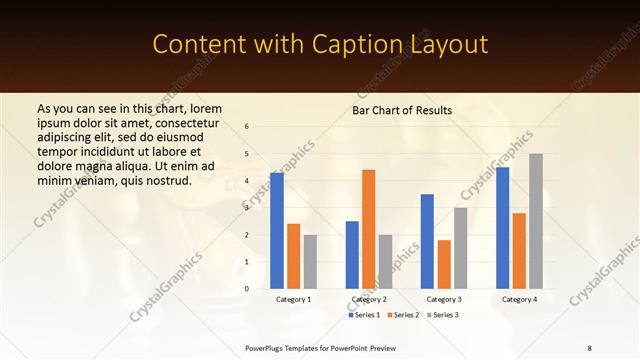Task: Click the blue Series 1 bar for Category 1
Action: [277, 231]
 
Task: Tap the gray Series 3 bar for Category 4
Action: [536, 221]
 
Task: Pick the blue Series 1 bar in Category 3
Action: [427, 241]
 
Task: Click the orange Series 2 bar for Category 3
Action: [444, 264]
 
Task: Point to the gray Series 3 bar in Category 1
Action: [310, 262]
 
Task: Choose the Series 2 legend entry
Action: [403, 315]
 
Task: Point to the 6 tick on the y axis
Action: [247, 127]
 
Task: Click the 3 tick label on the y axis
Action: [247, 208]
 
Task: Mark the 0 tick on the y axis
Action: [247, 289]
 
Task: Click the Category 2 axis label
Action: [369, 299]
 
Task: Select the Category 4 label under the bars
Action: [519, 299]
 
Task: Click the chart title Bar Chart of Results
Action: [402, 110]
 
